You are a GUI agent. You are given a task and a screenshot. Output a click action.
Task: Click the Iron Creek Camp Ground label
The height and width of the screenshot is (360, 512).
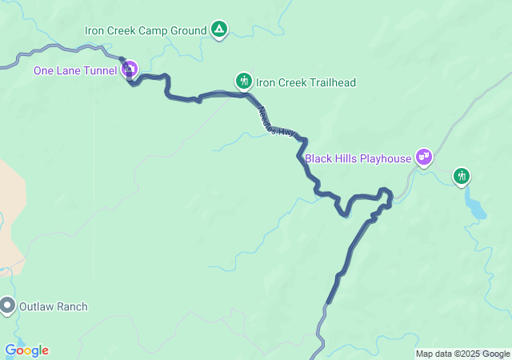click(x=145, y=31)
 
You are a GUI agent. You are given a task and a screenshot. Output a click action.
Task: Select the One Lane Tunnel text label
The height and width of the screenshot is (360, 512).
click(x=75, y=70)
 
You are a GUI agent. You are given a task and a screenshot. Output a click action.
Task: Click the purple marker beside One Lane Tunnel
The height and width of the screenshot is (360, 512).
click(x=129, y=70)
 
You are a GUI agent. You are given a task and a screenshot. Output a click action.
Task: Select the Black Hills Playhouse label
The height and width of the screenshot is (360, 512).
click(x=358, y=158)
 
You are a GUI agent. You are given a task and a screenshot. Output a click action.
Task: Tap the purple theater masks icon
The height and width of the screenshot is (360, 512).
click(x=424, y=157)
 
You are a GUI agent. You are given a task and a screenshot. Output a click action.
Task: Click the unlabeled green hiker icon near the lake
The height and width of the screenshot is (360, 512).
click(x=462, y=175)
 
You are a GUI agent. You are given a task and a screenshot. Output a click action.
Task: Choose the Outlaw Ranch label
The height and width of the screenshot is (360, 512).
click(x=54, y=306)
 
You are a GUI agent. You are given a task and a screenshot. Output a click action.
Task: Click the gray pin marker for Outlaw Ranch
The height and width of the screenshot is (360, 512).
click(x=8, y=305)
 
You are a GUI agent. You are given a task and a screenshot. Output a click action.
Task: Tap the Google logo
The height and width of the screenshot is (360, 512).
click(x=26, y=350)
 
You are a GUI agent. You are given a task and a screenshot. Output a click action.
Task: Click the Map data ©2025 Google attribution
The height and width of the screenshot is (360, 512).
click(x=462, y=354)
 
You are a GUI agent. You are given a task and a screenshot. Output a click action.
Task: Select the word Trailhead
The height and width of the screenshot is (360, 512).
click(x=331, y=82)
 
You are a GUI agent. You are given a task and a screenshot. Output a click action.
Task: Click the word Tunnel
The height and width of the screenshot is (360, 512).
click(x=101, y=70)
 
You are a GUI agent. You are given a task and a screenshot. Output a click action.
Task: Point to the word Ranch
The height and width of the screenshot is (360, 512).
click(x=71, y=306)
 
